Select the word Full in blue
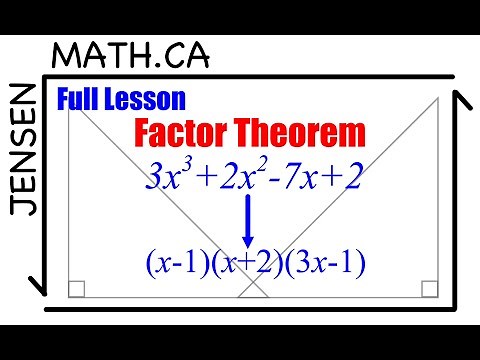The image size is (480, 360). (x=80, y=100)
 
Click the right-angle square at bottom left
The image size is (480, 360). (x=77, y=290)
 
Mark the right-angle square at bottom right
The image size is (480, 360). (x=429, y=290)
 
